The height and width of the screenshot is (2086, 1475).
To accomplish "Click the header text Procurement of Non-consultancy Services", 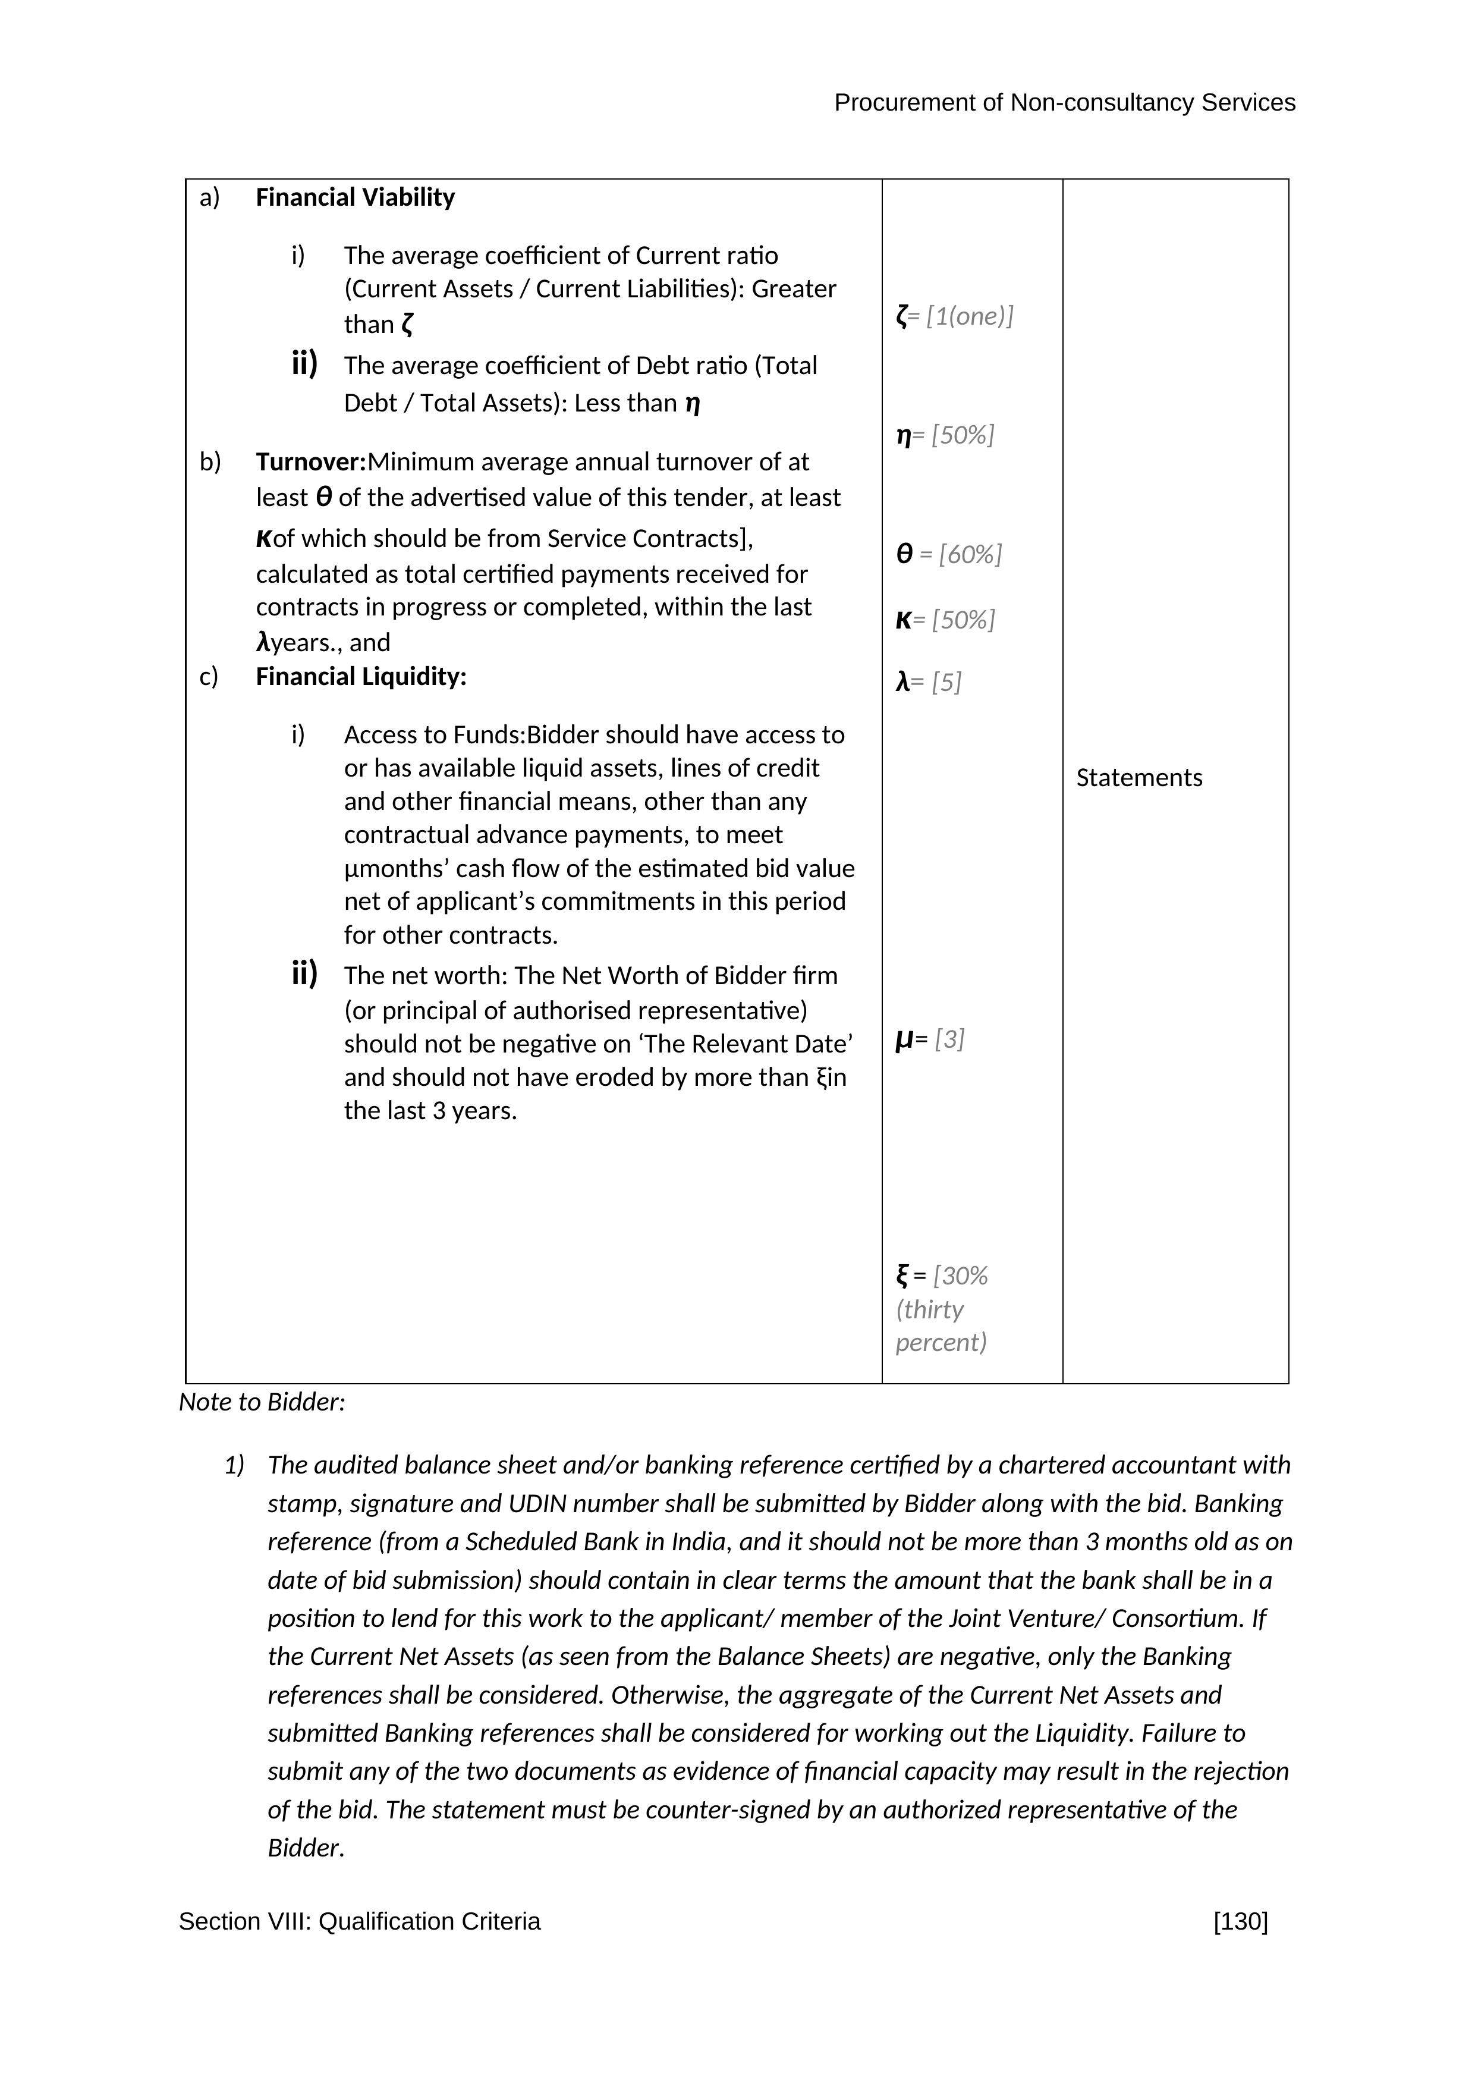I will pyautogui.click(x=1064, y=103).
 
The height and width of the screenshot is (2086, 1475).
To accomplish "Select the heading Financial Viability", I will pyautogui.click(x=355, y=197).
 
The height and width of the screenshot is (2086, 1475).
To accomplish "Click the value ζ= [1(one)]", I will pyautogui.click(x=955, y=316).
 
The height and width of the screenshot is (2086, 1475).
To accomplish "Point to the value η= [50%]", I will pyautogui.click(x=945, y=435).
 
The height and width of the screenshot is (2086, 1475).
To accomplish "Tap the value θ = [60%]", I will pyautogui.click(x=949, y=554).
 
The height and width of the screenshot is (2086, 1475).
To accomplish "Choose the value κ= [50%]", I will pyautogui.click(x=945, y=620).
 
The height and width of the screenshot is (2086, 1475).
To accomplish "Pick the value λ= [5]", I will pyautogui.click(x=928, y=682).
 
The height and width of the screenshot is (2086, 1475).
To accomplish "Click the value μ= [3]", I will pyautogui.click(x=930, y=1039).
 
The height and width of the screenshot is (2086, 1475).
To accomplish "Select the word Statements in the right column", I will pyautogui.click(x=1139, y=778).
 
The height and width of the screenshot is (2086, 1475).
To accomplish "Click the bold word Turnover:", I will pyautogui.click(x=310, y=463).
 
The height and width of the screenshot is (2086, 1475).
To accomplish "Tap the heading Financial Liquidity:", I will pyautogui.click(x=361, y=677).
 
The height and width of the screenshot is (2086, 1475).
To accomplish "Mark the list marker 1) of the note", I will pyautogui.click(x=234, y=1465).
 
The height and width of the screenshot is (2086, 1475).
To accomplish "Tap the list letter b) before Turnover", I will pyautogui.click(x=210, y=463).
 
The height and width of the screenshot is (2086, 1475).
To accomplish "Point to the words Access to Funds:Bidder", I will pyautogui.click(x=433, y=735).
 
